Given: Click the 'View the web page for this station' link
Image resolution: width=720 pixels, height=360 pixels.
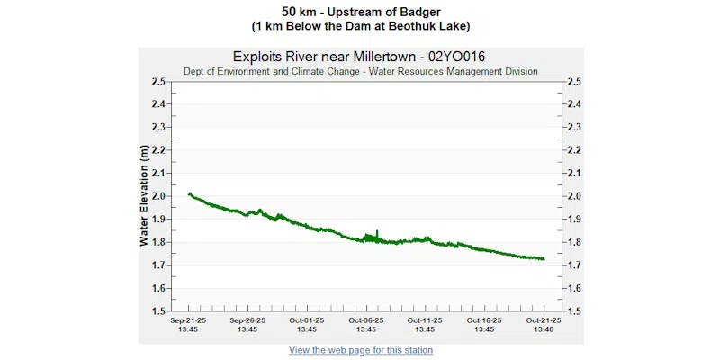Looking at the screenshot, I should (360, 350).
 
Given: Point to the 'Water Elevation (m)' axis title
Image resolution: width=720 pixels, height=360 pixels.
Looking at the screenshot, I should (144, 197).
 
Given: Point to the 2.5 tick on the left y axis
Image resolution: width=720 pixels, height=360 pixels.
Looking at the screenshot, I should (158, 81).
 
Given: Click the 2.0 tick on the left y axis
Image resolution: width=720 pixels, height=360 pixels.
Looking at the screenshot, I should (158, 196).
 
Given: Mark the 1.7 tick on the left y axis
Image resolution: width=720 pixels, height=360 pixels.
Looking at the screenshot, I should (158, 265).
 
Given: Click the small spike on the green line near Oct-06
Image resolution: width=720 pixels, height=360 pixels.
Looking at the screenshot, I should (377, 232).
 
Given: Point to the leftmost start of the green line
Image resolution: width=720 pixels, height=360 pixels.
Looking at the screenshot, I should (189, 193).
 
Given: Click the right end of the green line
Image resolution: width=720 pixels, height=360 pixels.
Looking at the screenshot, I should (544, 259).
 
